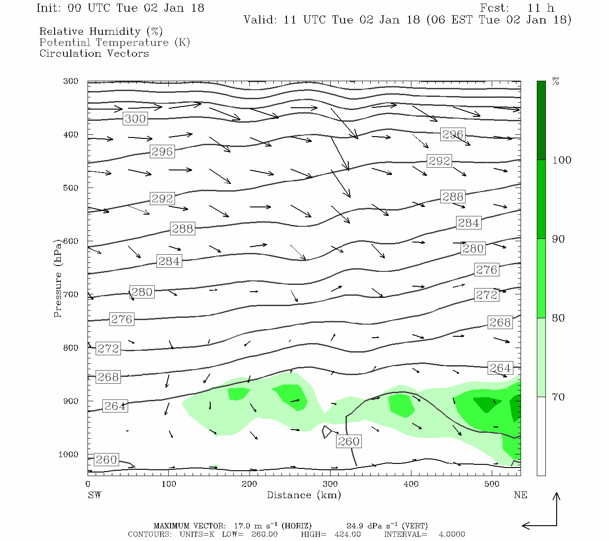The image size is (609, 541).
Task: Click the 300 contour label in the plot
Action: point(135,119)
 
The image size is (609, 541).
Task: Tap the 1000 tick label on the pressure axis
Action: point(68,454)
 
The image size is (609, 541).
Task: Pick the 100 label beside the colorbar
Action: point(561,160)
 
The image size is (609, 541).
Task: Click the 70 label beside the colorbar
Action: point(558,397)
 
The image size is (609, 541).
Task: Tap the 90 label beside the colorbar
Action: point(558,239)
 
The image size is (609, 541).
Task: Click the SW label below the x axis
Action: point(94,495)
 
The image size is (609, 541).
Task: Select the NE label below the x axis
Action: point(520,495)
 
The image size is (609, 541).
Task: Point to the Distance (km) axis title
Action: point(304,495)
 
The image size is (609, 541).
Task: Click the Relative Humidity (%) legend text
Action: point(101,32)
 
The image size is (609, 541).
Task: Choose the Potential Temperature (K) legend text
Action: point(115,42)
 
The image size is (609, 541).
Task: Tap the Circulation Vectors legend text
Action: point(94,53)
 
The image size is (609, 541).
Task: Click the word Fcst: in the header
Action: point(494,8)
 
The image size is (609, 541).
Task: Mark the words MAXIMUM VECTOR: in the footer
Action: point(189,526)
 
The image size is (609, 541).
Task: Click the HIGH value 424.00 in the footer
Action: point(348,534)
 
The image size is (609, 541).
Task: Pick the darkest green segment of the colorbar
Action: point(541,120)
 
